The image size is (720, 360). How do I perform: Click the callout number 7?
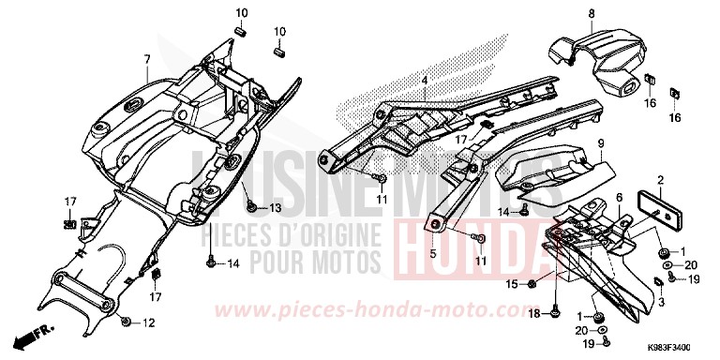point(147,59)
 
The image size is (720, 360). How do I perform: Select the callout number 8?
point(565,12)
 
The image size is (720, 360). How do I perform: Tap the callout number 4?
point(424,82)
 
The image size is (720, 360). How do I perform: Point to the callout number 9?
point(601,142)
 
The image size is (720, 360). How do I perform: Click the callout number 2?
point(660,179)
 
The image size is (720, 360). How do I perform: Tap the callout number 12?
point(149,323)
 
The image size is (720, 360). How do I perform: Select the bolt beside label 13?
point(250,206)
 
